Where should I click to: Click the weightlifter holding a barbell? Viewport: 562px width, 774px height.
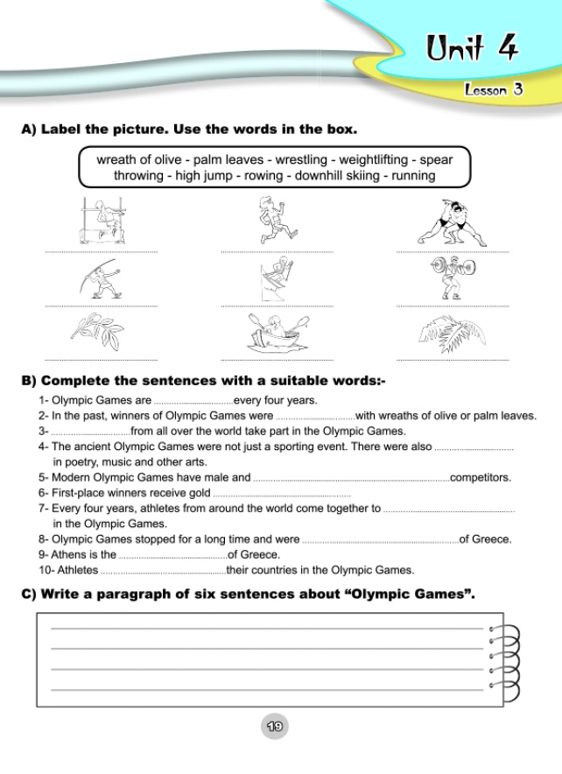click(452, 278)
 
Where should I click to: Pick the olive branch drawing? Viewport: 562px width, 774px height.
click(97, 331)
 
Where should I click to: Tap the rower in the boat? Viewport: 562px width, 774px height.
click(277, 332)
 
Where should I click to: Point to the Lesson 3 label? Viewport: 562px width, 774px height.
click(494, 90)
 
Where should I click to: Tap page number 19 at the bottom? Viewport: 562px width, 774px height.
click(274, 726)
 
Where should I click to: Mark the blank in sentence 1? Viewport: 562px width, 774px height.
click(193, 401)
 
